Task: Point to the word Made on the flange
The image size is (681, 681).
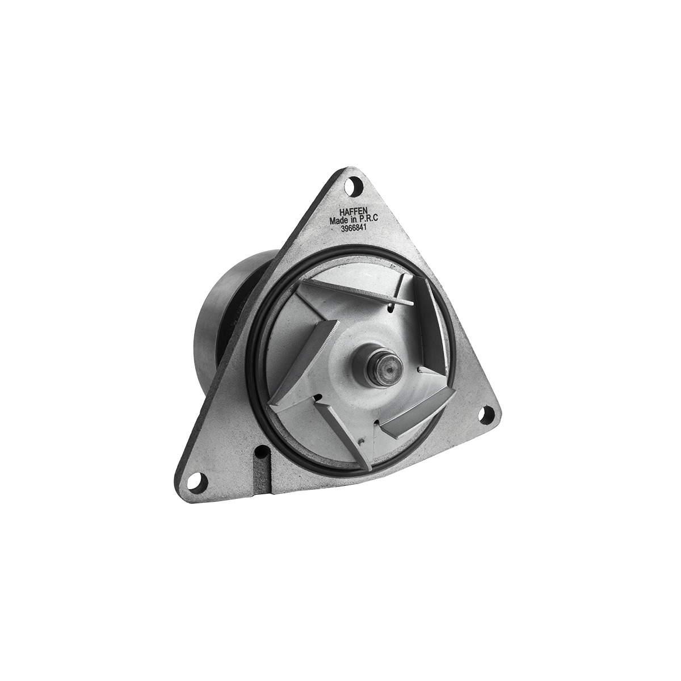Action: (x=338, y=221)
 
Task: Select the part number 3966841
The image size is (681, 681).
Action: (x=352, y=228)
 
